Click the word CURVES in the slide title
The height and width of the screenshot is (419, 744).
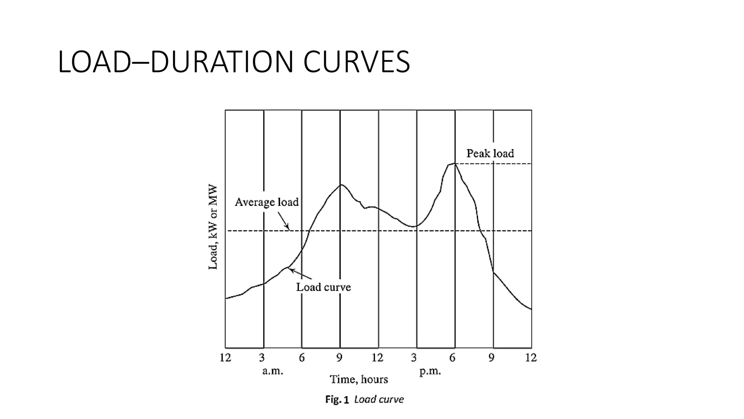click(356, 62)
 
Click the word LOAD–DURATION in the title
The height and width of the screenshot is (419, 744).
click(175, 62)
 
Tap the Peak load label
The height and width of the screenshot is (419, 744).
click(490, 153)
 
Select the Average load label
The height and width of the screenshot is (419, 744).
click(266, 202)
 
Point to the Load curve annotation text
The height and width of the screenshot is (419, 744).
click(323, 287)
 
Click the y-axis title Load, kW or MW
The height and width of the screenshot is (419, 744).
click(213, 227)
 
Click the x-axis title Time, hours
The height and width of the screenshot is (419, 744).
click(359, 379)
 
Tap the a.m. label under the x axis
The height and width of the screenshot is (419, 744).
click(272, 371)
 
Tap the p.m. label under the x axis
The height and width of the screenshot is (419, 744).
click(430, 371)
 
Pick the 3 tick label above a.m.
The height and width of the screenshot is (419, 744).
click(262, 358)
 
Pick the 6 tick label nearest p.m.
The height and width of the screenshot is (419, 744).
click(452, 358)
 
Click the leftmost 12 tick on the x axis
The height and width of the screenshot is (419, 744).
click(225, 358)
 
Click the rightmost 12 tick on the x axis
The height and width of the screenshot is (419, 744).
click(531, 358)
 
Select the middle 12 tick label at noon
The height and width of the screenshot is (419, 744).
click(377, 358)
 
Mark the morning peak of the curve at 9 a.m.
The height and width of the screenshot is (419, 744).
click(340, 185)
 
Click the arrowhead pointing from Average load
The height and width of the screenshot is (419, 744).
click(288, 228)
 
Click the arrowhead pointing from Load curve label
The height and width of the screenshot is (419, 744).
click(291, 270)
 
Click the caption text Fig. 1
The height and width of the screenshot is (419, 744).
click(337, 400)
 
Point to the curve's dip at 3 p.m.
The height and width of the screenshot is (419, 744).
click(414, 226)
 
